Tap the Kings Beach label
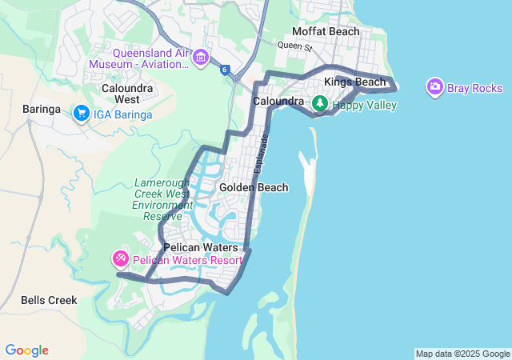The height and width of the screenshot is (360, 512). (354, 82)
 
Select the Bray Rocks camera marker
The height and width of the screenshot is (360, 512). (435, 86)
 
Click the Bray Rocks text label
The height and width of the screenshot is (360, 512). (475, 88)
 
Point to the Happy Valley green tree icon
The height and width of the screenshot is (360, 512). (320, 102)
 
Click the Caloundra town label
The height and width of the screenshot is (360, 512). (278, 102)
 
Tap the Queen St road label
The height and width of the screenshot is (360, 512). (294, 47)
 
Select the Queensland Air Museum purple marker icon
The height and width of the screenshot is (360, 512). (200, 56)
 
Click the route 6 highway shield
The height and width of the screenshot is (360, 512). (226, 70)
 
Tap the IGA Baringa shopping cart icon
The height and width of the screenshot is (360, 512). (81, 114)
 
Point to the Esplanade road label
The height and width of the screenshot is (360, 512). (262, 151)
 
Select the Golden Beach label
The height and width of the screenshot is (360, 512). (254, 187)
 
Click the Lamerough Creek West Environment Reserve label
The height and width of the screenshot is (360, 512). (162, 199)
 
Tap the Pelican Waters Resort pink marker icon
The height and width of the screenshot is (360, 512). (120, 258)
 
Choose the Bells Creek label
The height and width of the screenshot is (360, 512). (49, 300)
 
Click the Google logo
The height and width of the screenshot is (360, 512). (26, 350)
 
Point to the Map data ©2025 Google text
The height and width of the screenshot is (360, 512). (462, 354)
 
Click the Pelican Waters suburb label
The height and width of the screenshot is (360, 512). (201, 248)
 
